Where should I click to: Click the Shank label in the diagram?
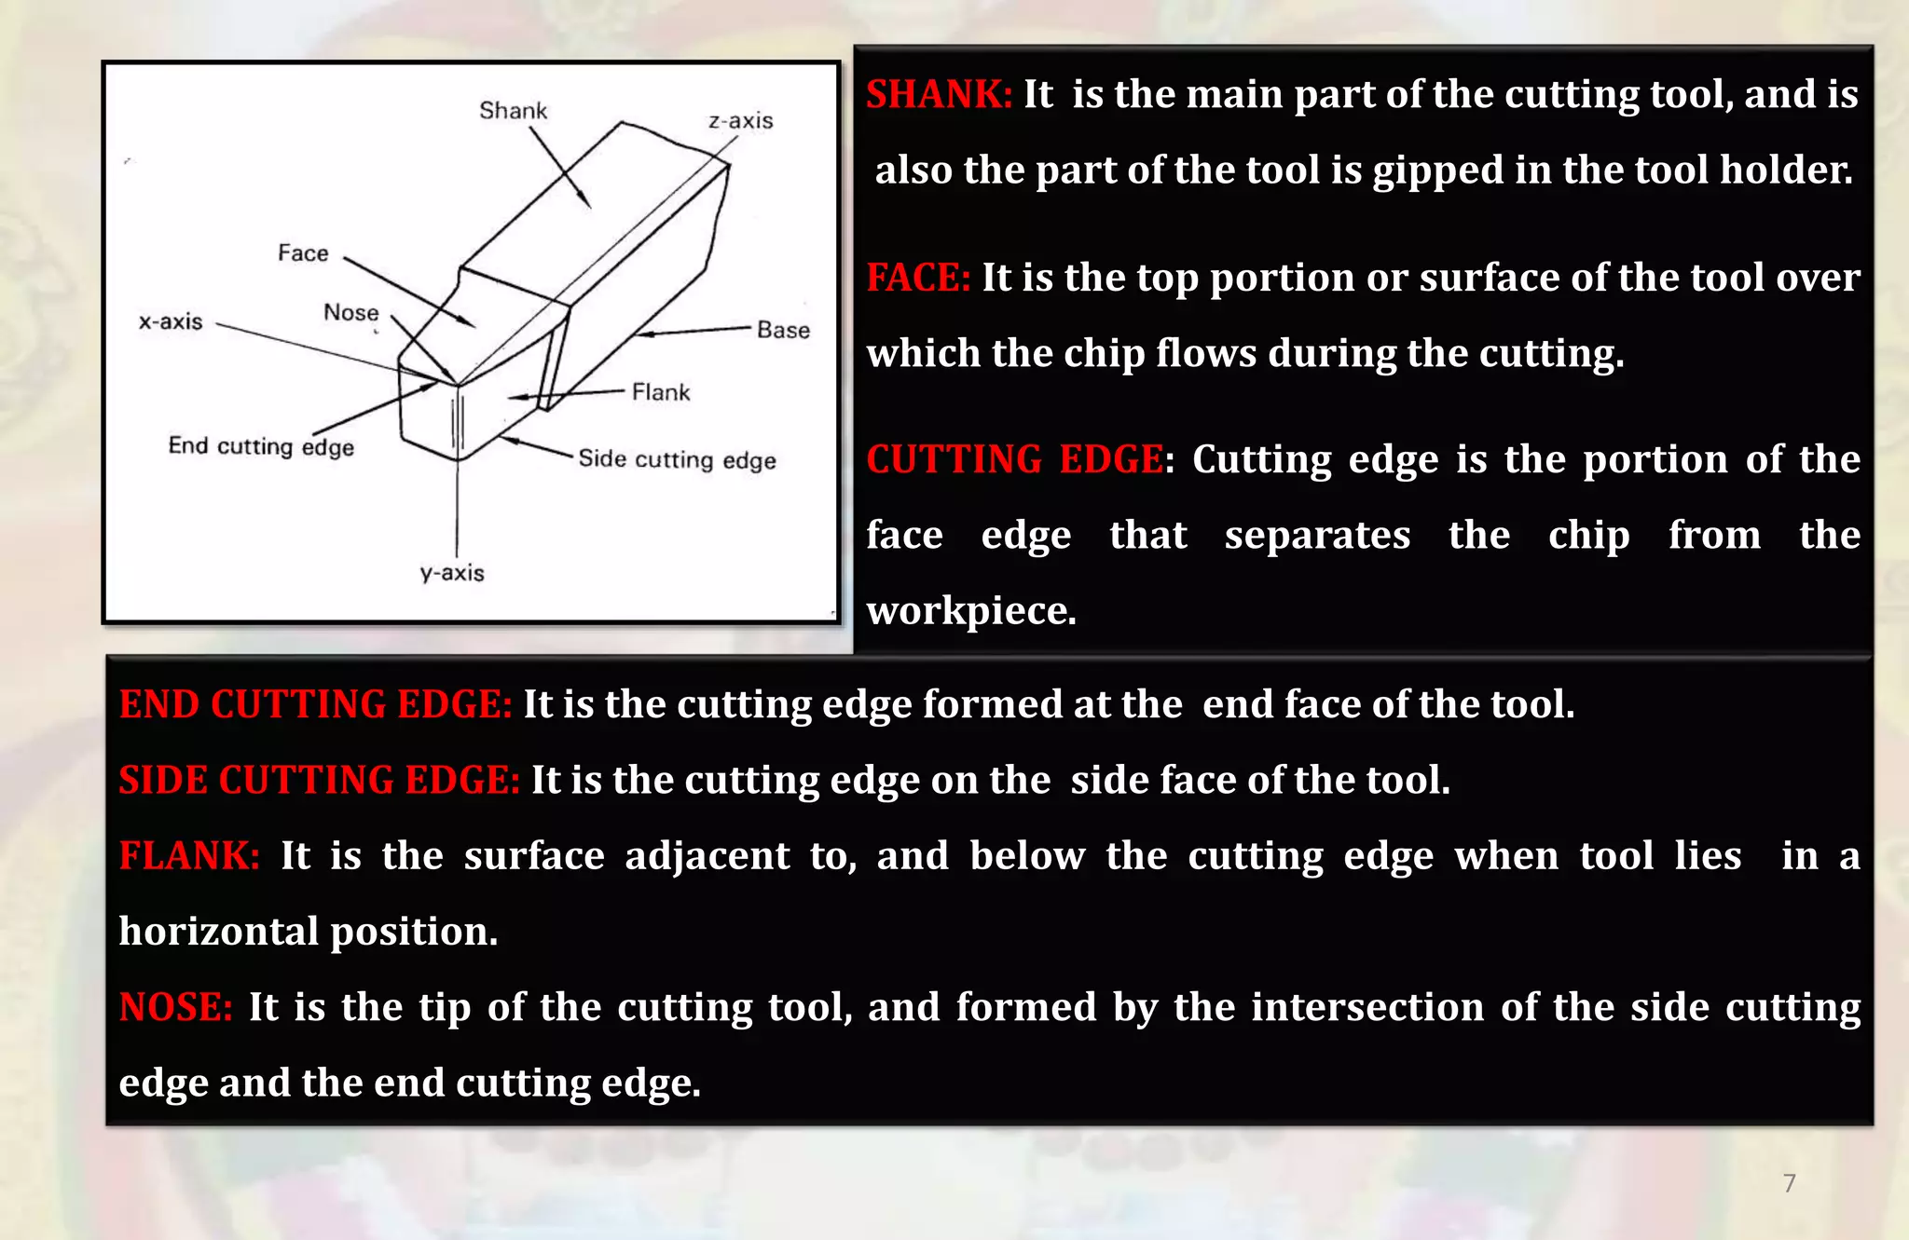pyautogui.click(x=513, y=111)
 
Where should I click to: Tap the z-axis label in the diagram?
pyautogui.click(x=741, y=121)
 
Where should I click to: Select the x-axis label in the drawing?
pyautogui.click(x=171, y=321)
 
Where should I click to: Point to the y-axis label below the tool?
pyautogui.click(x=452, y=573)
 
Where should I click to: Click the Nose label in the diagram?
pyautogui.click(x=351, y=313)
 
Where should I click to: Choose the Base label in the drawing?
pyautogui.click(x=783, y=331)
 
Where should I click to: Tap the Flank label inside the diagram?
pyautogui.click(x=661, y=392)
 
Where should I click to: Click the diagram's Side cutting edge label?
pyautogui.click(x=677, y=459)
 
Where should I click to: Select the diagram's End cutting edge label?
pyautogui.click(x=261, y=446)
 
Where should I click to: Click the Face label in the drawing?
pyautogui.click(x=303, y=253)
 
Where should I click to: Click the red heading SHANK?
pyautogui.click(x=939, y=94)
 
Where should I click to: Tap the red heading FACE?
pyautogui.click(x=918, y=278)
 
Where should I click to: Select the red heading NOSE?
pyautogui.click(x=175, y=1007)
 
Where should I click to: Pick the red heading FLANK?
pyautogui.click(x=189, y=855)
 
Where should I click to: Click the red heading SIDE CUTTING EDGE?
pyautogui.click(x=319, y=780)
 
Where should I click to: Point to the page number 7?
pyautogui.click(x=1789, y=1183)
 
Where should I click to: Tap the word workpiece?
pyautogui.click(x=970, y=611)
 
